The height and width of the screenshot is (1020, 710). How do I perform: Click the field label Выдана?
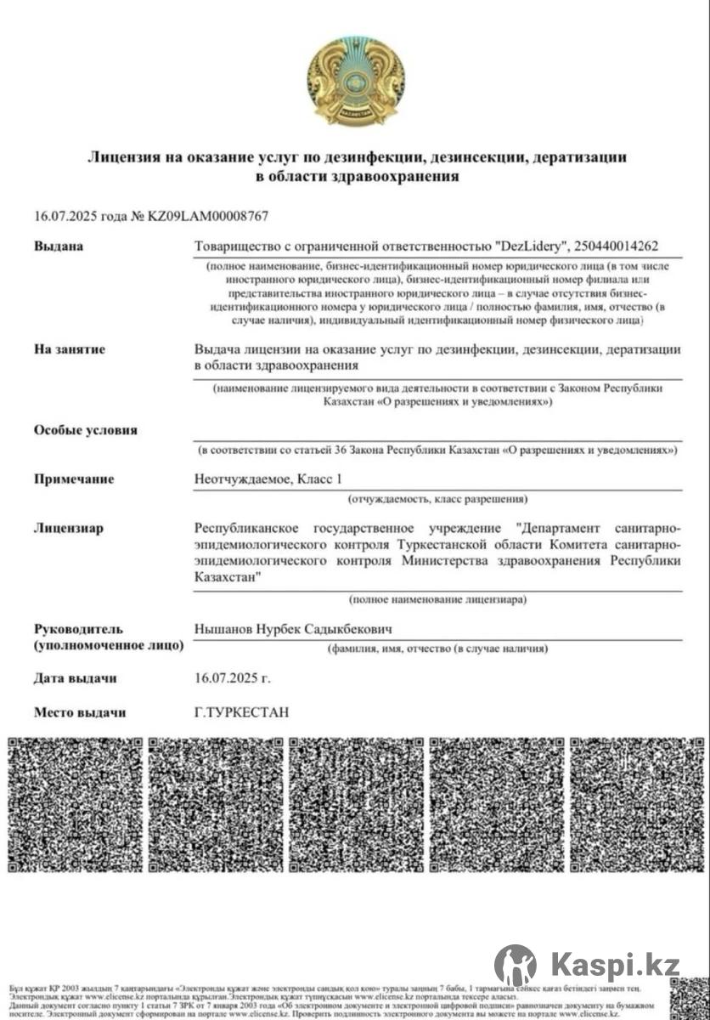[x=59, y=246]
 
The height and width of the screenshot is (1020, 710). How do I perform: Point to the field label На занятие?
[x=70, y=349]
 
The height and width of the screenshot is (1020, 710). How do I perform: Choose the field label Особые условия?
[x=85, y=430]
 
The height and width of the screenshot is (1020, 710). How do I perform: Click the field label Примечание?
[x=74, y=479]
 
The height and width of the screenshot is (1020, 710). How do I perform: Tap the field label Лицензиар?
[x=69, y=529]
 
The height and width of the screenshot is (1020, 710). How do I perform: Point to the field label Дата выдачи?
[x=76, y=679]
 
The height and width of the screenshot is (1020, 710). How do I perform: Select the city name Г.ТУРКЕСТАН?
[x=242, y=712]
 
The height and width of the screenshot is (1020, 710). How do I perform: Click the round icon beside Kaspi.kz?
[x=515, y=965]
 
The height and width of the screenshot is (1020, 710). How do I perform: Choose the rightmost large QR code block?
[x=636, y=804]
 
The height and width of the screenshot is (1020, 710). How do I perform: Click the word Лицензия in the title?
[x=125, y=157]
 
